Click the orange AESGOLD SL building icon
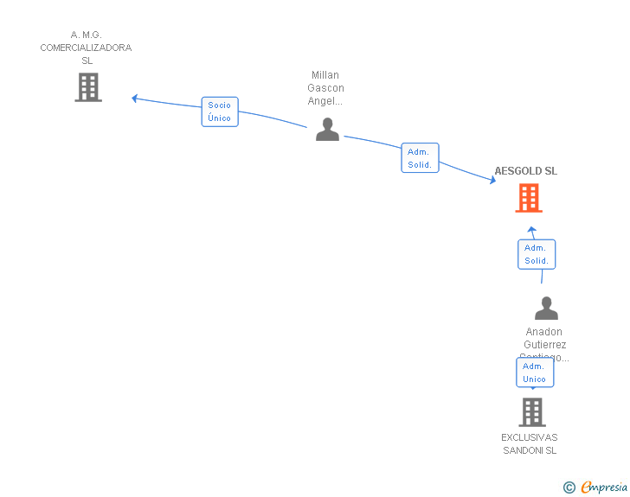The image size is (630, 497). (x=528, y=198)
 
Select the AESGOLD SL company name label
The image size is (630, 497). (x=525, y=171)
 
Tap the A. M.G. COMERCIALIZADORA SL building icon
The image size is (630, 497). (x=88, y=87)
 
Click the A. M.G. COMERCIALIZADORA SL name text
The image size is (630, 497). (x=86, y=48)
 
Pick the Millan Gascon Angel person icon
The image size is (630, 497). (x=327, y=129)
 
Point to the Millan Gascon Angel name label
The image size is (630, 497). (x=326, y=88)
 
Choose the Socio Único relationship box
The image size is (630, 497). (x=220, y=112)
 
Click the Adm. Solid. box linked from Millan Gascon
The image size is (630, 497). (x=420, y=158)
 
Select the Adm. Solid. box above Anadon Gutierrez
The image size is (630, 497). (x=537, y=254)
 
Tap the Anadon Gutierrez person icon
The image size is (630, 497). (x=546, y=309)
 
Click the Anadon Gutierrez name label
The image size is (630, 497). (x=544, y=344)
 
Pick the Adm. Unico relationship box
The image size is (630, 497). (x=534, y=373)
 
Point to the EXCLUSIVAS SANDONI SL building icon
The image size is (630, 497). (x=531, y=412)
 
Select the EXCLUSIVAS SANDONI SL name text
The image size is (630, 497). (x=530, y=443)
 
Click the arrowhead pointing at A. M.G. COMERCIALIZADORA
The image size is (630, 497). (x=135, y=98)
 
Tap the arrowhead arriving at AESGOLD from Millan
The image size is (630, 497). (x=492, y=181)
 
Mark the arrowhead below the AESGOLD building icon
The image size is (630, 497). (x=532, y=230)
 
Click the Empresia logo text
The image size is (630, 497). (x=603, y=487)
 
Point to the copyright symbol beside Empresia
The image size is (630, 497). (x=569, y=487)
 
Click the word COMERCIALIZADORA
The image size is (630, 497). (x=86, y=48)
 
